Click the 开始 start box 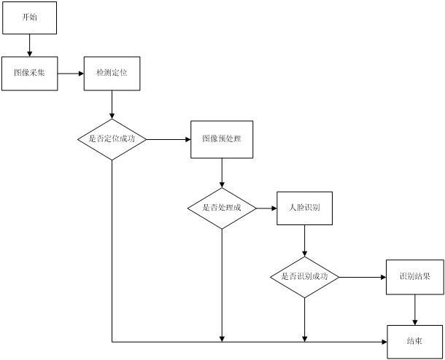[29, 17]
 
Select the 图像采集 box [29, 73]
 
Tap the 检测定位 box [112, 73]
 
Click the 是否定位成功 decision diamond [112, 138]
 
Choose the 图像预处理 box [222, 138]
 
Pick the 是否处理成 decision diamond [222, 208]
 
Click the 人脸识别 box [304, 208]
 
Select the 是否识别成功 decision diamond [304, 277]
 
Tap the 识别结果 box [414, 277]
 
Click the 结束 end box [414, 341]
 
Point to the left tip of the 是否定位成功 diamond [79, 138]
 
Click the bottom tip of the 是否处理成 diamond [222, 228]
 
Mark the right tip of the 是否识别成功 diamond [338, 277]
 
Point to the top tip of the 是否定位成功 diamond [112, 120]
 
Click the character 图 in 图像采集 [18, 73]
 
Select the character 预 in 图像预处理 [225, 138]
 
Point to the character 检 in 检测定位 [100, 73]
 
